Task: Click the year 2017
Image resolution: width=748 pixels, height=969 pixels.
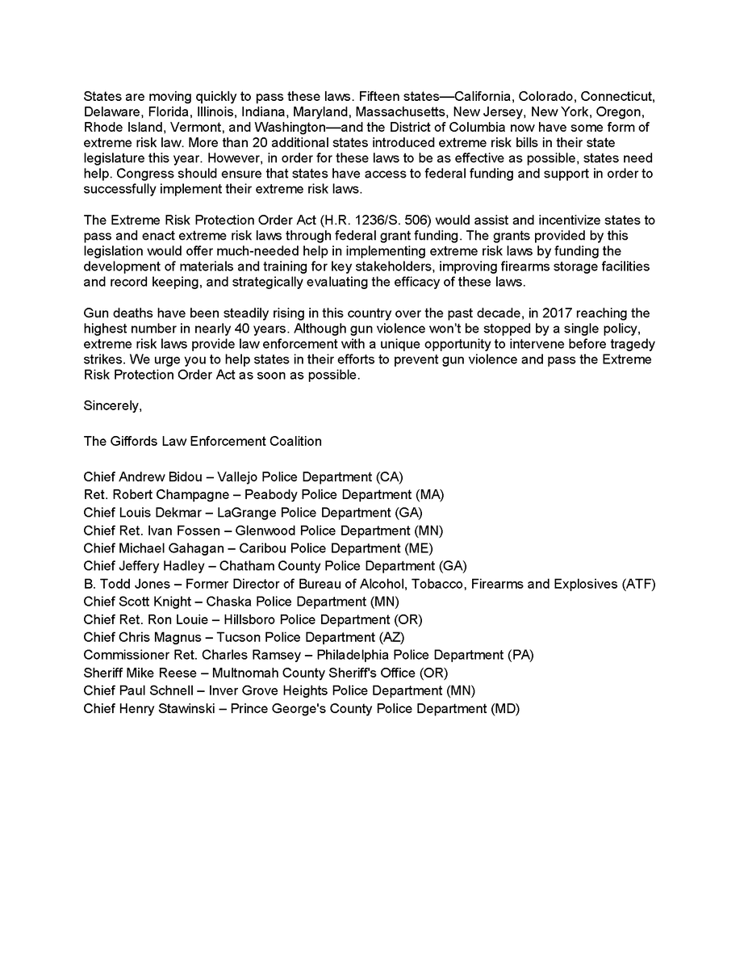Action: pyautogui.click(x=552, y=313)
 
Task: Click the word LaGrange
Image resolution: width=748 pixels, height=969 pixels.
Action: pyautogui.click(x=246, y=512)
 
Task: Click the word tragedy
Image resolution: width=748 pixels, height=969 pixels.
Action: pyautogui.click(x=629, y=344)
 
